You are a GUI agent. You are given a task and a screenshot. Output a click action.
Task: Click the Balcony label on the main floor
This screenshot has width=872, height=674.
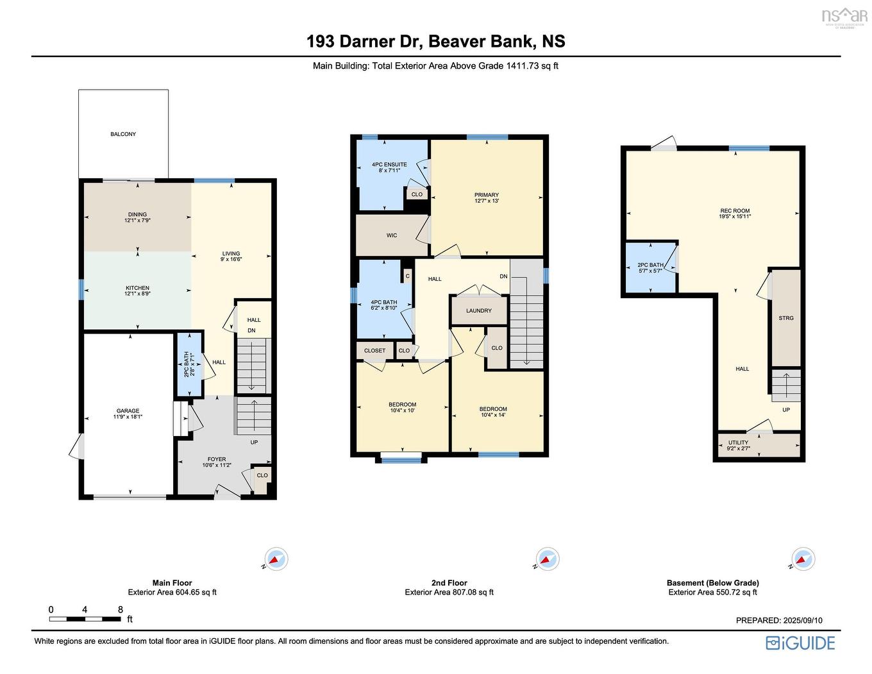[x=123, y=134]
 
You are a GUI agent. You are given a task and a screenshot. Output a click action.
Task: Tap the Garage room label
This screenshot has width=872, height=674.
[x=128, y=411]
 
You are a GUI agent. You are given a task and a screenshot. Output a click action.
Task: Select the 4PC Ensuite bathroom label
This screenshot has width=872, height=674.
[x=389, y=165]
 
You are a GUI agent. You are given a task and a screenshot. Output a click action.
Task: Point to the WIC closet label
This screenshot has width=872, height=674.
[x=391, y=235]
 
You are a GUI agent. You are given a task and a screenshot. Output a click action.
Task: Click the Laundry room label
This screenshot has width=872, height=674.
[x=478, y=310]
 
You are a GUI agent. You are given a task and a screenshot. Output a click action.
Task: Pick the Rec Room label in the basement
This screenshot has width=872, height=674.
[x=735, y=211]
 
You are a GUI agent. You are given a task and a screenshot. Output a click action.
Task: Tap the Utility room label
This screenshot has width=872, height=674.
[x=738, y=442]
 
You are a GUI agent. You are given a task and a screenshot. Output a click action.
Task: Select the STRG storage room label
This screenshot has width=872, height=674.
[x=785, y=318]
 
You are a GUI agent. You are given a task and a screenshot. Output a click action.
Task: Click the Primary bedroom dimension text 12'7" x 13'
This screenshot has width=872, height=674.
[x=487, y=201]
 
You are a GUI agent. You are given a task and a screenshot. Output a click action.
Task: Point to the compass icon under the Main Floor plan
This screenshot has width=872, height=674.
[x=276, y=559]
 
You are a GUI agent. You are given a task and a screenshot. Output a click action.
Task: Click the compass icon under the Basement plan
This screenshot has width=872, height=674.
[x=803, y=559]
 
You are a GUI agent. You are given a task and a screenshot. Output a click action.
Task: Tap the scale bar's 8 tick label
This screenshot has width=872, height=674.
[x=121, y=609]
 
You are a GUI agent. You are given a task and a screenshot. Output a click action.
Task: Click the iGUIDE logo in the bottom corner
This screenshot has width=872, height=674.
[x=800, y=643]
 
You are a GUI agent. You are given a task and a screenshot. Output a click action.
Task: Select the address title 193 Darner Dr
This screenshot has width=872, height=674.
[x=362, y=42]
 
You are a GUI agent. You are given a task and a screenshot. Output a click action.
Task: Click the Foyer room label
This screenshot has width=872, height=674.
[x=217, y=459]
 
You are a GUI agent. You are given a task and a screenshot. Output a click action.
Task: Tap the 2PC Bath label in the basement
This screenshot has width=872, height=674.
[x=650, y=265]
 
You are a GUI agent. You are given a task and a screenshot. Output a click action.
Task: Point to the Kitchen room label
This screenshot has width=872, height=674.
[x=137, y=288]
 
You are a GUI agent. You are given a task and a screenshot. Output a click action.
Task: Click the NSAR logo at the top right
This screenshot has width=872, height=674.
[x=844, y=16]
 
